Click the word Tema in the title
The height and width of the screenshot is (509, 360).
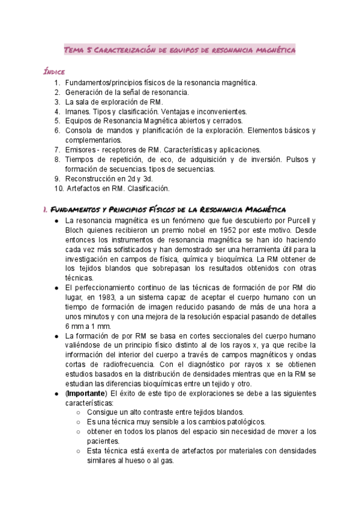[x=76, y=51]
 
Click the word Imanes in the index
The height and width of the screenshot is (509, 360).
[x=78, y=112]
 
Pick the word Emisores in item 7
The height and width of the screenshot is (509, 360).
[x=82, y=149]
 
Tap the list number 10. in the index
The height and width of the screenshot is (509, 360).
[x=58, y=188]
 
